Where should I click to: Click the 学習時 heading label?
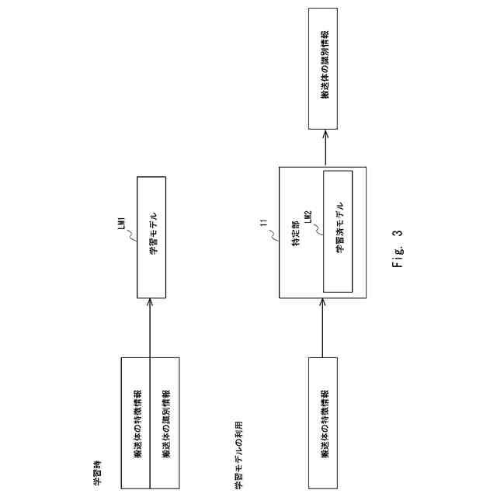click(97, 472)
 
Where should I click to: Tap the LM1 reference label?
click(121, 221)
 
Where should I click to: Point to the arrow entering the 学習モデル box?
click(151, 326)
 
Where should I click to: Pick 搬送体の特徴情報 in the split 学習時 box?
click(136, 422)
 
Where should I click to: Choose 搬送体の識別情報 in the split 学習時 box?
click(165, 422)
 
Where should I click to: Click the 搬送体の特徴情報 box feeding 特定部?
click(323, 422)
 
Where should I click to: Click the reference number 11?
click(264, 225)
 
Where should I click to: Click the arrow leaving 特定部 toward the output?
click(323, 148)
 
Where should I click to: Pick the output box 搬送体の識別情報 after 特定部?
click(323, 69)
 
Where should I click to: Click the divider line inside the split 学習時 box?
click(151, 422)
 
